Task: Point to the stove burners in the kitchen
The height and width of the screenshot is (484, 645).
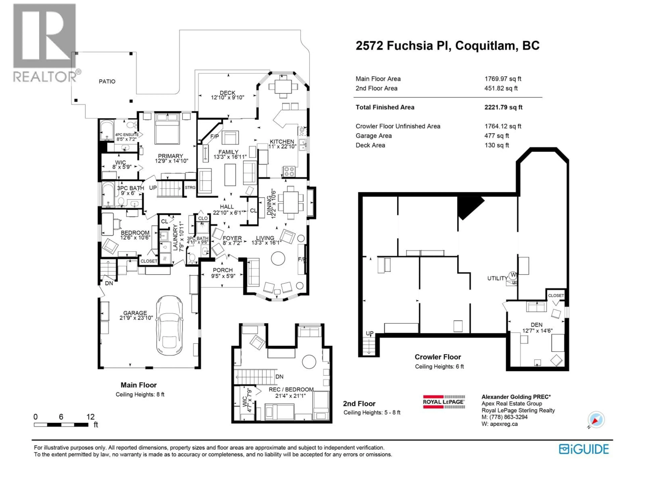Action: tap(289, 171)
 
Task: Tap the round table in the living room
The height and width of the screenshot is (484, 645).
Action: tap(278, 258)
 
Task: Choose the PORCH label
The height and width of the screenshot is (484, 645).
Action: tap(223, 270)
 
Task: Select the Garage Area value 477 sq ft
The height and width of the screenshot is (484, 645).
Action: tap(497, 136)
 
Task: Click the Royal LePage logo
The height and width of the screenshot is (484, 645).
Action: tap(444, 402)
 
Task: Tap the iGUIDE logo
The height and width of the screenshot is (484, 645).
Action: tap(584, 449)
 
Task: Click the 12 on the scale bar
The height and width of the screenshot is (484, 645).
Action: tap(90, 417)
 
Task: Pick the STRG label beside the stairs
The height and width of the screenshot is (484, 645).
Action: tap(190, 188)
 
